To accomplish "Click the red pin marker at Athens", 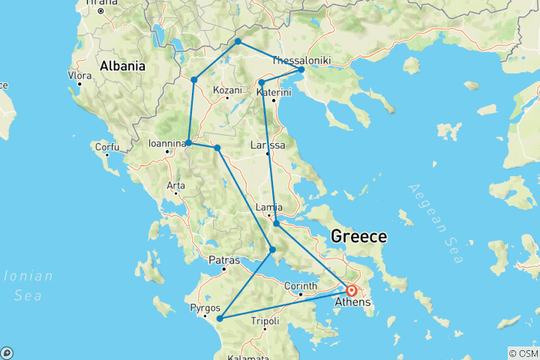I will coord(351,289).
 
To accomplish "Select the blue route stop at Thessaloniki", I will coord(301,70).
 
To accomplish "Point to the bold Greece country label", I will coord(359,237).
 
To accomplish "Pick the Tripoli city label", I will coord(264,319).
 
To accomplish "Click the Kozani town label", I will coord(227,90).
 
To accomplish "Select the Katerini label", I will coord(273,92).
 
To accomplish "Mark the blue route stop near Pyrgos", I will coord(220,319).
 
